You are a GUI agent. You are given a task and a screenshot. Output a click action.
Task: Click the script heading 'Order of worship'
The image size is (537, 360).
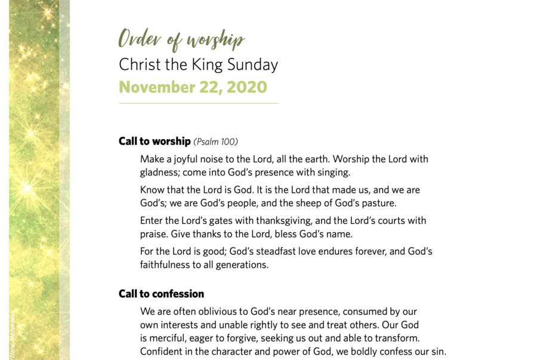pos(181,39)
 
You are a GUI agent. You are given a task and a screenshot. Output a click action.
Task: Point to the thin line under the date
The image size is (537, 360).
pos(198,103)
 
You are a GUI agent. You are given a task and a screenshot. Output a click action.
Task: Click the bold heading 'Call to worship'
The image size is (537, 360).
pos(155,141)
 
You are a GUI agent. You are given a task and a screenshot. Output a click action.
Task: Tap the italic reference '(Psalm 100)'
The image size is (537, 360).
pos(215,142)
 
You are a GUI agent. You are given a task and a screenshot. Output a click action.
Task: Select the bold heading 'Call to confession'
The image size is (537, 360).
pos(161,294)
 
